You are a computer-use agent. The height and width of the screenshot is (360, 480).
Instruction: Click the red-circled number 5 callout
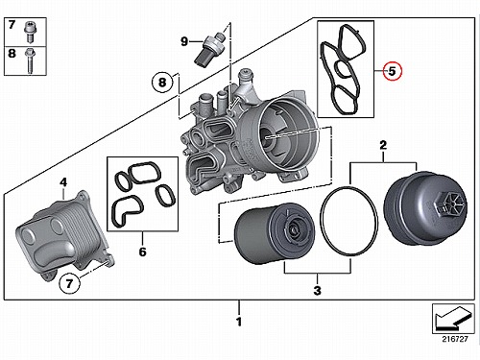click(392, 71)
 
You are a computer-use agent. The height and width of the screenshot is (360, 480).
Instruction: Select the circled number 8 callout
click(162, 83)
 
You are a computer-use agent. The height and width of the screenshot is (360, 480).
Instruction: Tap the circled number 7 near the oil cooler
click(69, 283)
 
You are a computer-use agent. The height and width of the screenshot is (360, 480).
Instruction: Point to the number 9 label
click(184, 41)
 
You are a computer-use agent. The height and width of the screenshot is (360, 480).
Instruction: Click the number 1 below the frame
click(239, 322)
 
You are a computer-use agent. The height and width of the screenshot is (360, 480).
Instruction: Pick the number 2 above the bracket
click(383, 145)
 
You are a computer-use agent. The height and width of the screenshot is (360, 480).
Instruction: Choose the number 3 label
click(317, 290)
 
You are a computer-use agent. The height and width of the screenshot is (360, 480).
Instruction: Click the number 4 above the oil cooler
click(63, 182)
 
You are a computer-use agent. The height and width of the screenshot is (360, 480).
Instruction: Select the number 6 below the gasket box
click(142, 252)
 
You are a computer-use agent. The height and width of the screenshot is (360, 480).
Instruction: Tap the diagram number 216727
click(455, 339)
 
